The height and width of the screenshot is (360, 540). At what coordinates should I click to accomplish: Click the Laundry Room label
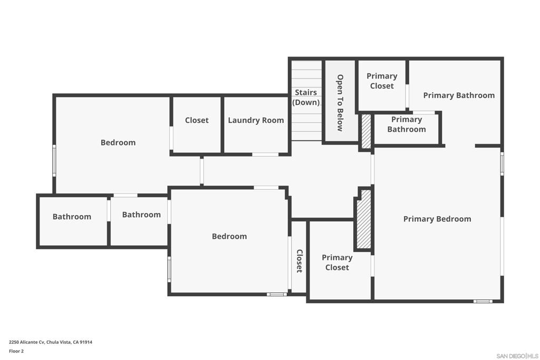point(256,120)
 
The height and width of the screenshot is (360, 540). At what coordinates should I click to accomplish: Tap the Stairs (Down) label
point(306,98)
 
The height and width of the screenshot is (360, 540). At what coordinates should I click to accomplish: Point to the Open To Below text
point(340,103)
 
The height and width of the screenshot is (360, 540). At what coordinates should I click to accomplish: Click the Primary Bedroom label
point(437,219)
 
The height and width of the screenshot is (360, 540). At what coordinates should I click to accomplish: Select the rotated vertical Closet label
point(300,261)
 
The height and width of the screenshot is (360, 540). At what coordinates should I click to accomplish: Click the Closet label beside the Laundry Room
point(197,120)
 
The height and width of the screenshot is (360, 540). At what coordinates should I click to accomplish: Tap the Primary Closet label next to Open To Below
point(382,81)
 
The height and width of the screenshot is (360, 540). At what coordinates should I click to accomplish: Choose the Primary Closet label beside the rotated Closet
point(337,262)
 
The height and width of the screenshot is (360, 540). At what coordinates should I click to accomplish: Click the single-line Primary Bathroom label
point(459,95)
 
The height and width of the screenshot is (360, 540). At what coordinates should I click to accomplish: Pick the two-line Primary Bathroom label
point(407,124)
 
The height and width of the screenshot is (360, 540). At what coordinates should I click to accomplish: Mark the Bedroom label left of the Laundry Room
point(118,142)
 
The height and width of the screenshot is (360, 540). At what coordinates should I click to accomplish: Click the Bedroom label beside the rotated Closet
point(229,236)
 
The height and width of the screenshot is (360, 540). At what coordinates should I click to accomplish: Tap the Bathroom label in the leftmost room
point(72,217)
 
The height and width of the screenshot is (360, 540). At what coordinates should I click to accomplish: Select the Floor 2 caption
point(16,351)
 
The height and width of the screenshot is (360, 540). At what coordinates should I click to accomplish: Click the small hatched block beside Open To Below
point(366,131)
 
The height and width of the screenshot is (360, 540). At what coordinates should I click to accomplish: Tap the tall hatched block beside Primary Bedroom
point(364,219)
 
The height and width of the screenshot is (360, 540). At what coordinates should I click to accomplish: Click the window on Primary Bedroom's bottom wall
point(483,301)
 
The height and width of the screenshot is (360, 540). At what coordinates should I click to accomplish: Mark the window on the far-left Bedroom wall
point(54,161)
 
